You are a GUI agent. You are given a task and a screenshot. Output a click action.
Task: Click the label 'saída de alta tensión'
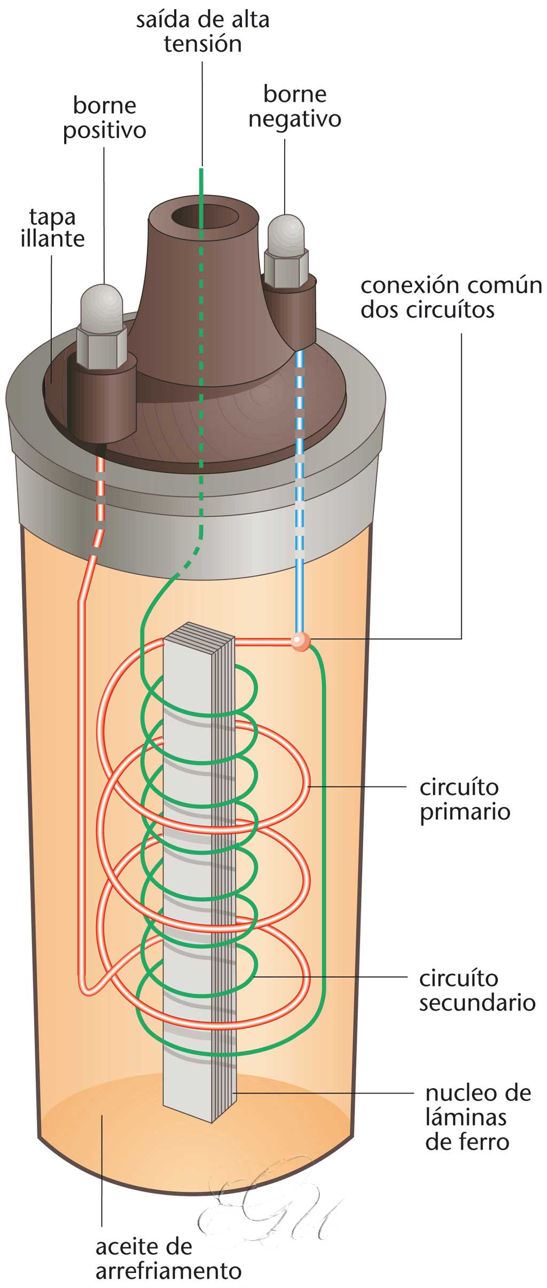point(202,32)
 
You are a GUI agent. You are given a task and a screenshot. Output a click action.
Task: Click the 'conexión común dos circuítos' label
point(451,298)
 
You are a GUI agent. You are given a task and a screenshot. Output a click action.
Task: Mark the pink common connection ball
point(300,641)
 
